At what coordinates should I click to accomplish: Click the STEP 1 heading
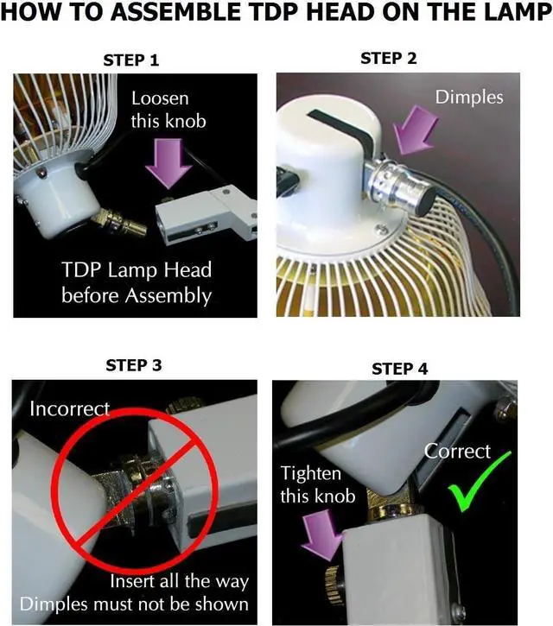coord(131,60)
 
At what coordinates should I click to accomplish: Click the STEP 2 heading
coord(388,58)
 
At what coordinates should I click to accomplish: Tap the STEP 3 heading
coord(133,364)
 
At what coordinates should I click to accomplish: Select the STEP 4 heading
coord(399,369)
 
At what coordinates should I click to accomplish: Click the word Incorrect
coord(69,408)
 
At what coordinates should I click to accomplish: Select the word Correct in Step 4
coord(457,451)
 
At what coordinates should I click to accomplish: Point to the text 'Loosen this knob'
coord(168,109)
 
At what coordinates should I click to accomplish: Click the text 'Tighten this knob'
coord(311,484)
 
